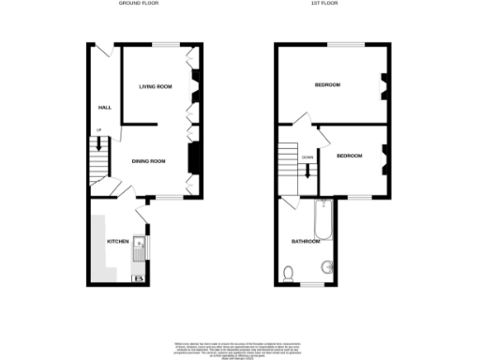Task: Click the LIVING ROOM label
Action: (156, 86)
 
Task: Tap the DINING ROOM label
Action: (148, 161)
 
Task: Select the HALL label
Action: (104, 108)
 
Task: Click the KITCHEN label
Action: (117, 241)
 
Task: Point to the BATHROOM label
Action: (306, 241)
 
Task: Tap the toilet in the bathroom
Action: (290, 275)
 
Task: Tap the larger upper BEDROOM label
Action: (327, 85)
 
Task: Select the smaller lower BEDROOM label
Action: (349, 155)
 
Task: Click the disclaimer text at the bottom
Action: (240, 346)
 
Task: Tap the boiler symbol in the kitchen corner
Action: (140, 277)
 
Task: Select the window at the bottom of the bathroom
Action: (312, 284)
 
